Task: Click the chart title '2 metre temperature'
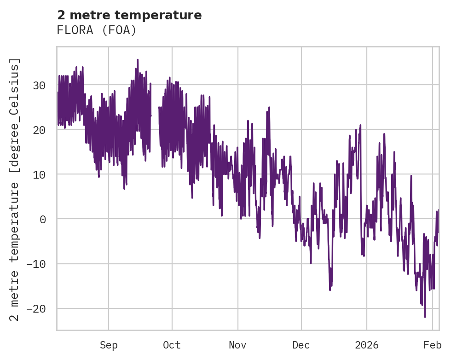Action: (129, 15)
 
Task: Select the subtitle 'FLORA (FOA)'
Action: (97, 30)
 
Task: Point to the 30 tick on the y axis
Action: (39, 86)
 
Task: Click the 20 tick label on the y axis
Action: (39, 130)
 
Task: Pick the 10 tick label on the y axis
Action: (39, 175)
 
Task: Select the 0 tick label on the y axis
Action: (43, 220)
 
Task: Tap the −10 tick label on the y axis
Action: (36, 264)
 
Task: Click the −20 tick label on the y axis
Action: (36, 309)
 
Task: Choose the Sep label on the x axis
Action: (109, 345)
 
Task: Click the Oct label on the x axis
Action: (172, 345)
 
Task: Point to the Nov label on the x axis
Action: (238, 345)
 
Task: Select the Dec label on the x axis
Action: (301, 345)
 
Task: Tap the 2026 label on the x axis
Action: (367, 345)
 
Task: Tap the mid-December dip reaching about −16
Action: (330, 290)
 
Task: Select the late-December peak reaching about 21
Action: (360, 125)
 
